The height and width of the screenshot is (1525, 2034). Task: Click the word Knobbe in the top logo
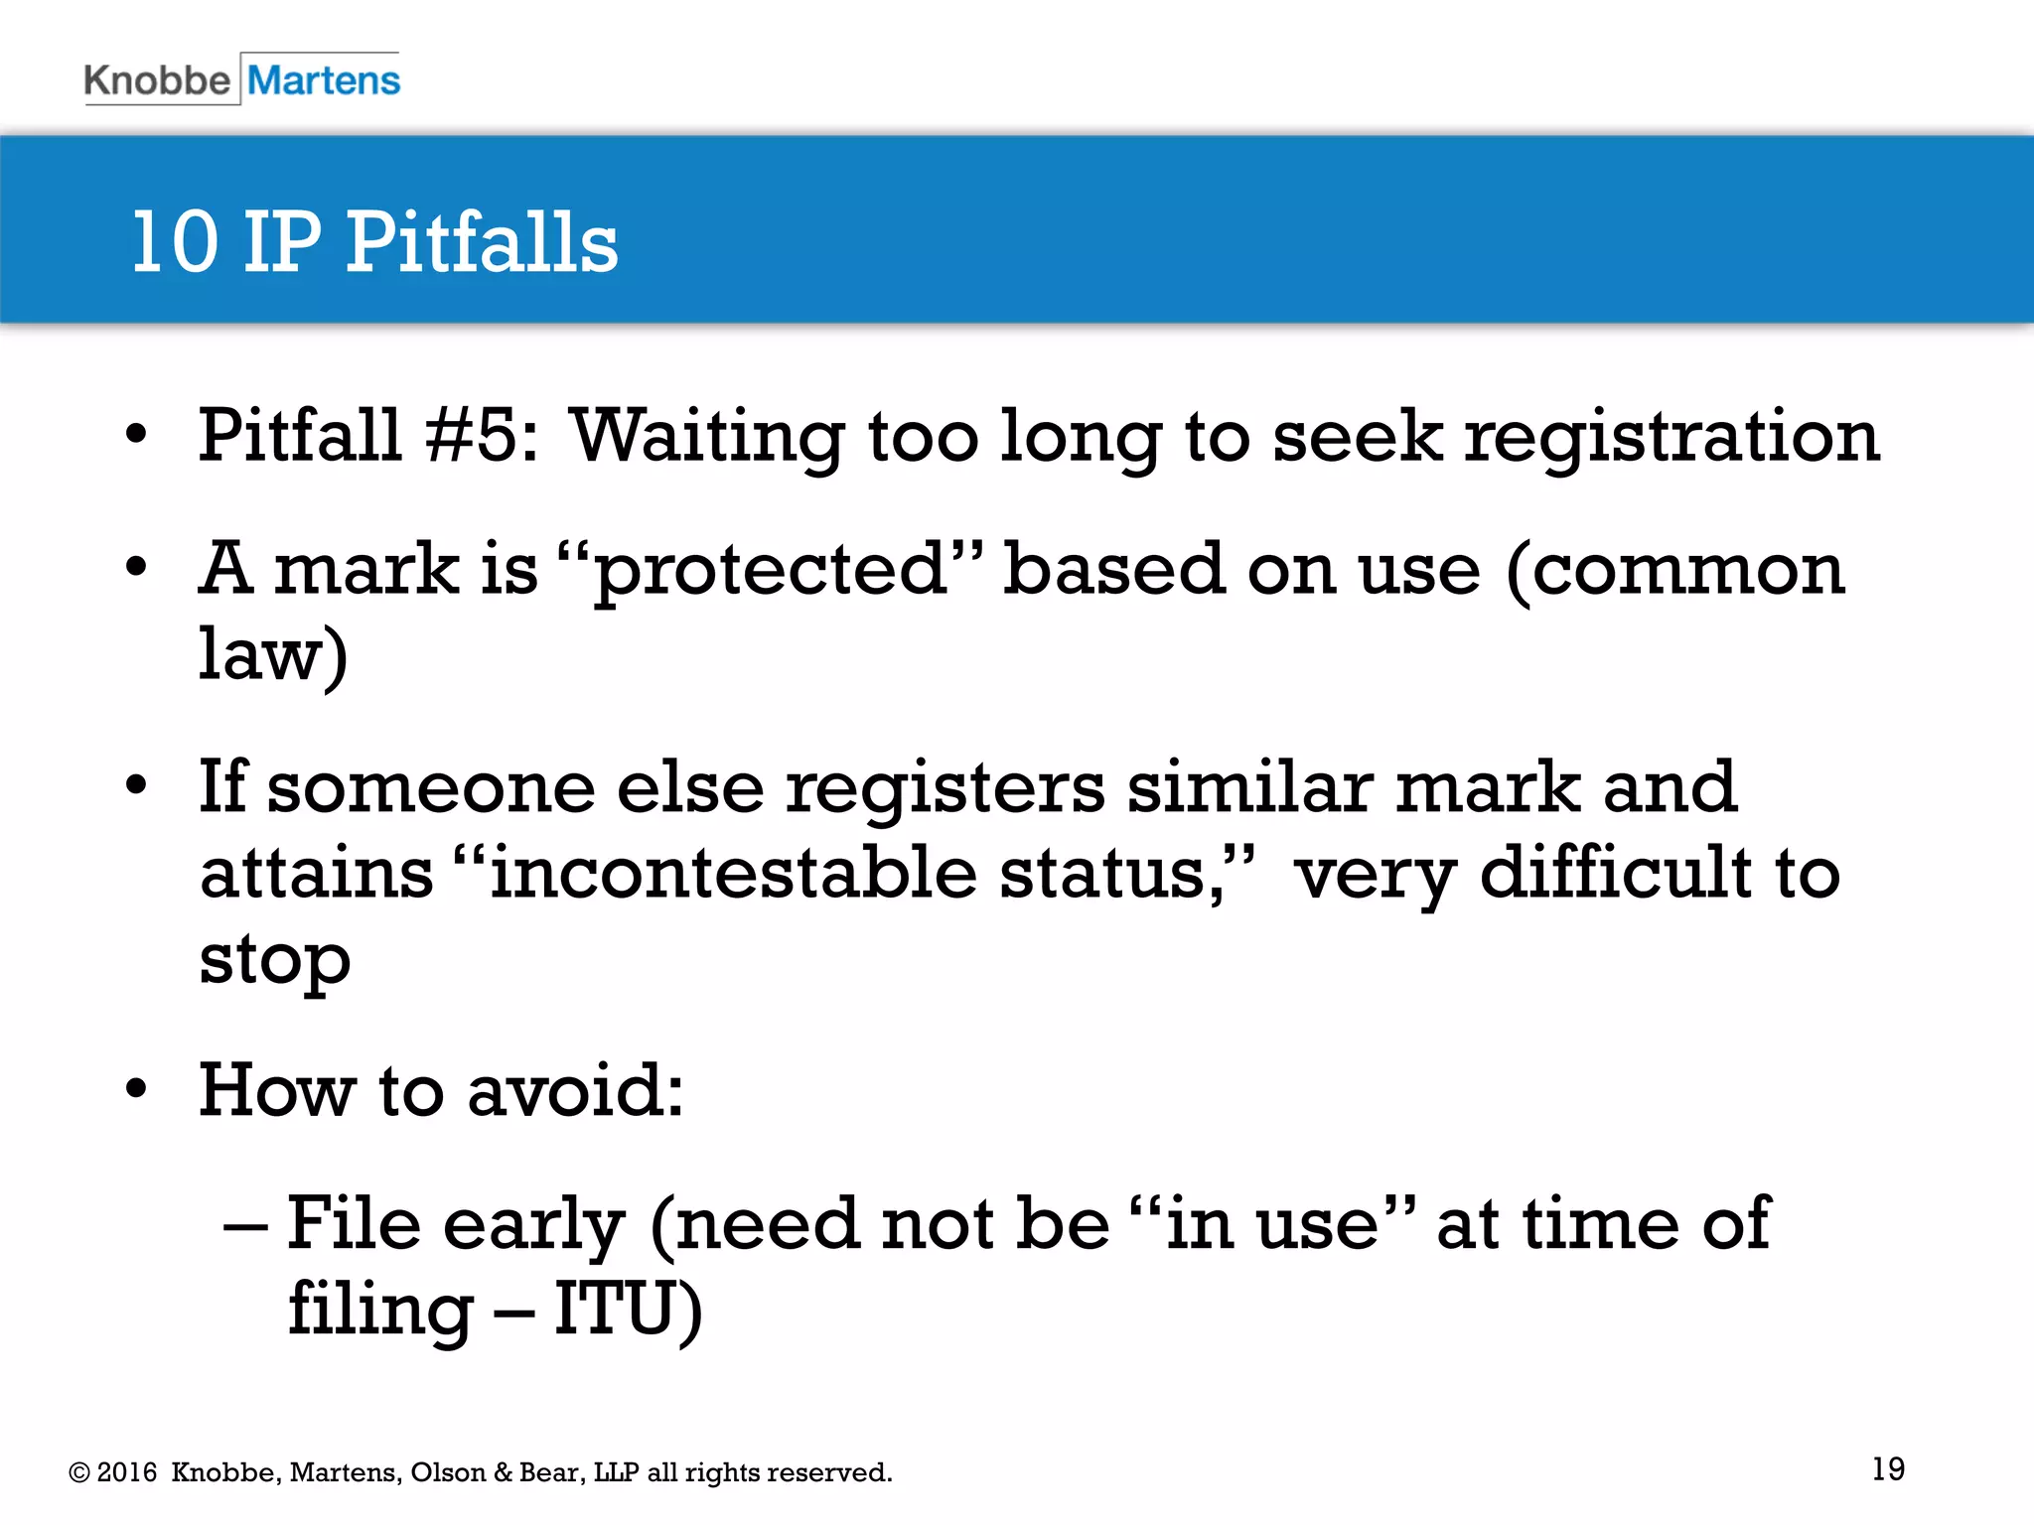point(157,80)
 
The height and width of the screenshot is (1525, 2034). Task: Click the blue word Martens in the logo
point(324,80)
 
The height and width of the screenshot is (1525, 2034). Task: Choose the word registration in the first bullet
point(1671,437)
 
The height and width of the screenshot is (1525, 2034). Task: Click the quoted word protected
point(771,570)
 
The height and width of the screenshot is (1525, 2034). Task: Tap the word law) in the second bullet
point(273,655)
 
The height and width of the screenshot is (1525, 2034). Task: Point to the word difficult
point(1616,874)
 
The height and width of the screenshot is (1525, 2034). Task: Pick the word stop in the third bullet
point(275,961)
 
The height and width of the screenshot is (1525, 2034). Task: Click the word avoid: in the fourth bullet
point(575,1091)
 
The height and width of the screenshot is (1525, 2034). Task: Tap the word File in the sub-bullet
point(354,1223)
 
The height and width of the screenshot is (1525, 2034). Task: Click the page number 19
point(1888,1468)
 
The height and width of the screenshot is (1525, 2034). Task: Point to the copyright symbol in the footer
point(78,1472)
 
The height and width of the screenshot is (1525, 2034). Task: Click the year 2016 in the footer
point(127,1472)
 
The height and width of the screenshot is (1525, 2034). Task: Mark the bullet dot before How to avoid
point(136,1089)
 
